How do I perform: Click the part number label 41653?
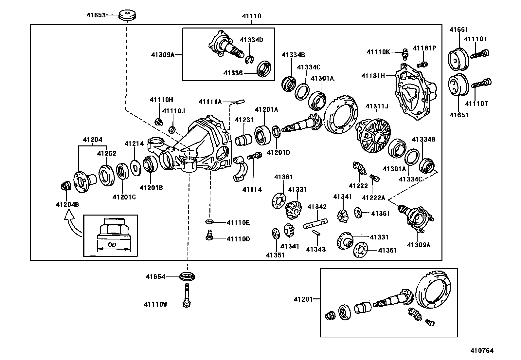(96, 15)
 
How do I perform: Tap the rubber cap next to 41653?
(127, 15)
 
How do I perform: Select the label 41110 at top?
(251, 16)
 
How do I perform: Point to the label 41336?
(233, 73)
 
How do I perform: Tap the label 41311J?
(377, 106)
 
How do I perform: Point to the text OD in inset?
(112, 245)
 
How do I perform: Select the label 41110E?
(238, 223)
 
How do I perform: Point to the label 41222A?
(373, 198)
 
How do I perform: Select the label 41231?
(244, 120)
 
